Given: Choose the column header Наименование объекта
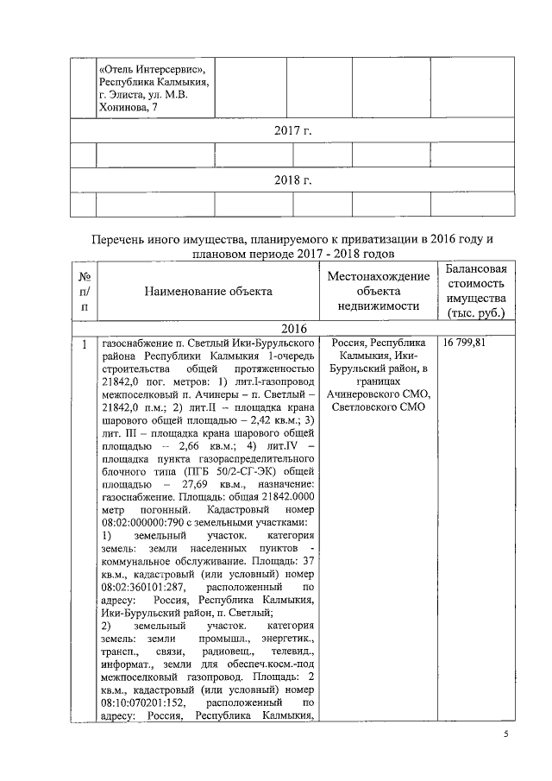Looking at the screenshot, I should pyautogui.click(x=208, y=291).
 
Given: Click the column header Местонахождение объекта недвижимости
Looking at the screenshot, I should pyautogui.click(x=378, y=290).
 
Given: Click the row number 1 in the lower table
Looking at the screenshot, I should pyautogui.click(x=84, y=343).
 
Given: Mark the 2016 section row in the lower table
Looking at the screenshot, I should pyautogui.click(x=292, y=329).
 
